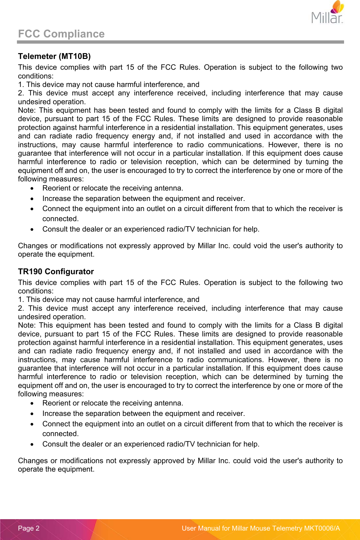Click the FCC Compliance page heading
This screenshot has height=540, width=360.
click(61, 34)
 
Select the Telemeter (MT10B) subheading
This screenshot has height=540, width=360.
click(54, 56)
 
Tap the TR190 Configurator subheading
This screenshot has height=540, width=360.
click(56, 272)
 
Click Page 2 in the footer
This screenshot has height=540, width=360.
click(29, 528)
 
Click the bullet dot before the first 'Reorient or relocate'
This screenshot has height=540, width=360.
click(32, 189)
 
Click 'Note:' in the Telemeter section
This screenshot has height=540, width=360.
click(26, 110)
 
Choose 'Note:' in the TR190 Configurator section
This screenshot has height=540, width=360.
click(26, 325)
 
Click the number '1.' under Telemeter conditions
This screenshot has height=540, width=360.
click(21, 85)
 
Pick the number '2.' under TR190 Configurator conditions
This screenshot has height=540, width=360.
click(21, 308)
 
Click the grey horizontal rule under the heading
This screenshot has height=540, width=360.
click(180, 42)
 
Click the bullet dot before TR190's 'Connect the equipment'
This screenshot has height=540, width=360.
click(32, 424)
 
